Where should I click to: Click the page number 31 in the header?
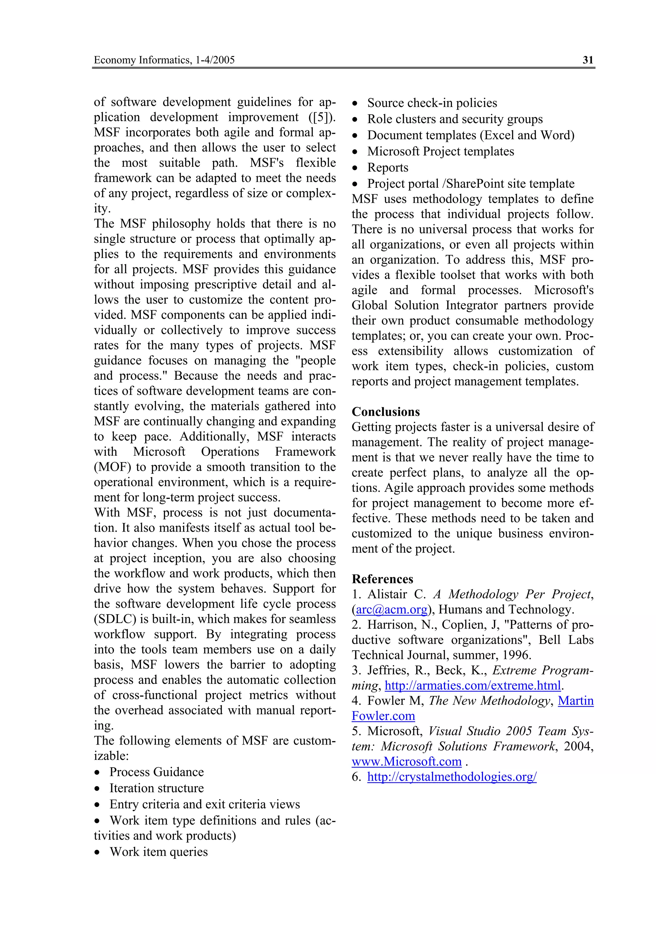coord(588,60)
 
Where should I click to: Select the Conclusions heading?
coord(386,411)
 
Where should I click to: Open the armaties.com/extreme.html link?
coord(472,686)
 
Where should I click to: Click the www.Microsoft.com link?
coord(406,761)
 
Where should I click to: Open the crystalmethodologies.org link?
coord(451,777)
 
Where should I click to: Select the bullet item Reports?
coord(388,167)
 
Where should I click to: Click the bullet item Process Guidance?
coord(156,772)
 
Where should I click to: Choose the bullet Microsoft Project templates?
coord(440,151)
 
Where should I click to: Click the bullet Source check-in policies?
coord(432,103)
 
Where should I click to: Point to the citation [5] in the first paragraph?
coord(322,117)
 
